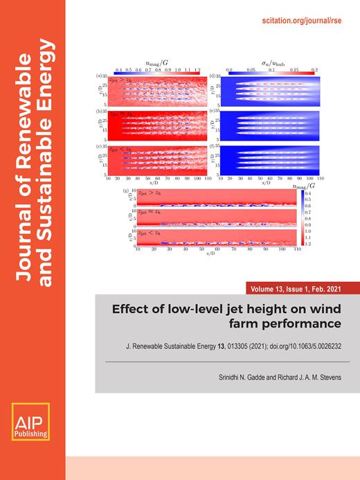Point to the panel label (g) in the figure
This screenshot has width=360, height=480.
pos(123,190)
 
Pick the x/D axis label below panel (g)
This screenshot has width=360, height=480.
pos(210,254)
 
